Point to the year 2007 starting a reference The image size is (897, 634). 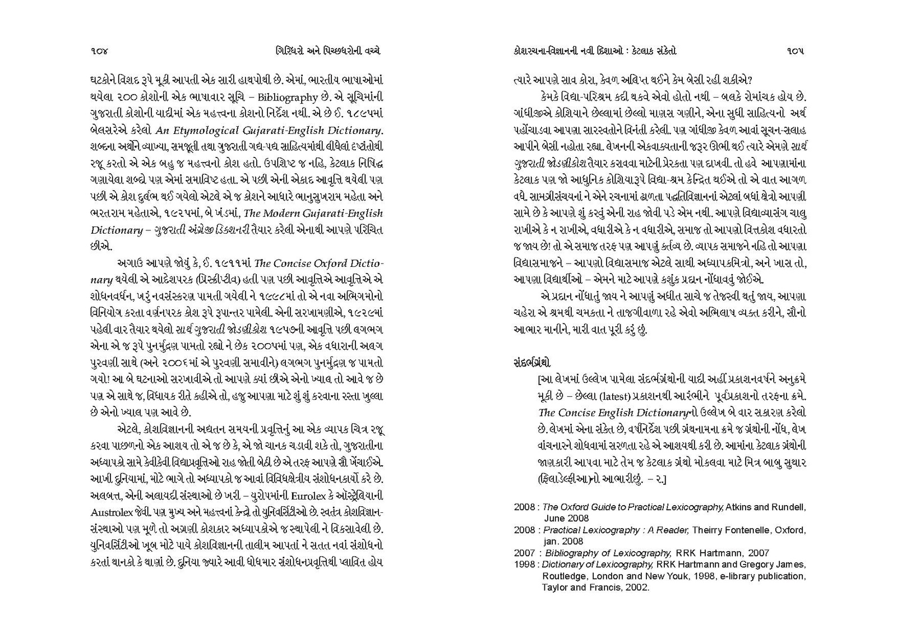pyautogui.click(x=524, y=553)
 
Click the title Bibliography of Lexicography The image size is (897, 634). pyautogui.click(x=608, y=553)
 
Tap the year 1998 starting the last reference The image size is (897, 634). pyautogui.click(x=524, y=564)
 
